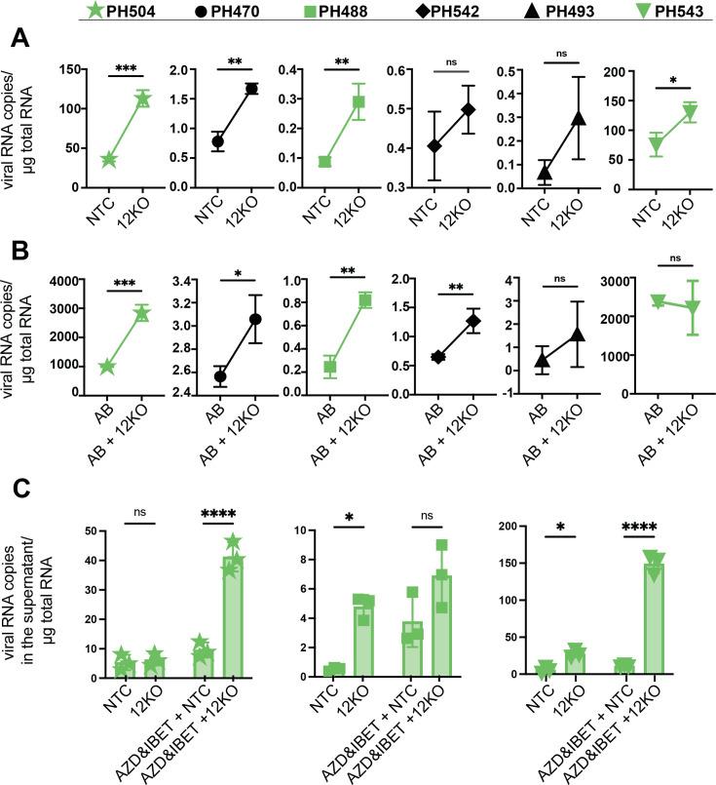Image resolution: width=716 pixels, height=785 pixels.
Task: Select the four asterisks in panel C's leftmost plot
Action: (x=231, y=511)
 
